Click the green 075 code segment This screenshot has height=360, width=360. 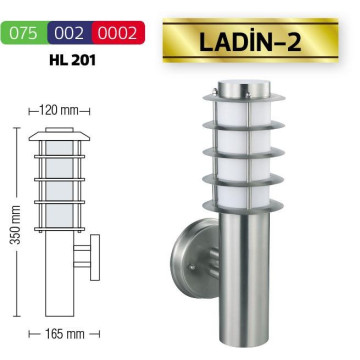coord(24,33)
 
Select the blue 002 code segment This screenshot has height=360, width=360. coord(70,33)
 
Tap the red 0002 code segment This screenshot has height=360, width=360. coord(119,33)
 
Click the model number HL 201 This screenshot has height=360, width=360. coord(72,60)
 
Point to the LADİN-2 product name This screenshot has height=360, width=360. coord(250,43)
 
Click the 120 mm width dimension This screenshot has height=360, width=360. coord(59,110)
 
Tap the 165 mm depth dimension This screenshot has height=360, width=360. coord(64,334)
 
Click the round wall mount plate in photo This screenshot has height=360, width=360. coord(194,258)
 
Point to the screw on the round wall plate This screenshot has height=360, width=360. coord(191,267)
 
